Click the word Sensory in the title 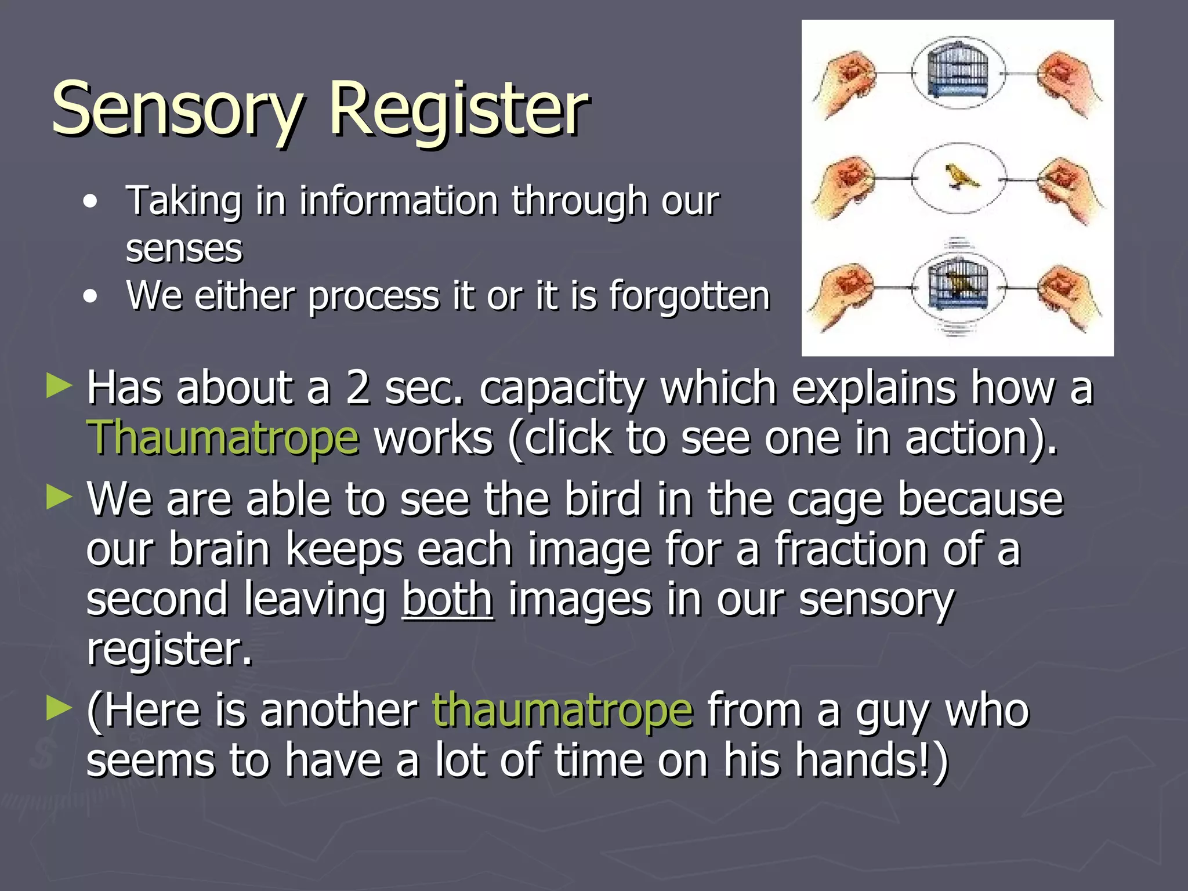click(x=177, y=109)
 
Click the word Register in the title click(x=458, y=109)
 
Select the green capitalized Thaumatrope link click(x=223, y=438)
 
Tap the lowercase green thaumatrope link click(x=562, y=711)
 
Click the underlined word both click(x=447, y=600)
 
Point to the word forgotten click(x=689, y=296)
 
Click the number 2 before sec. click(x=358, y=389)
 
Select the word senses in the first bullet click(x=184, y=249)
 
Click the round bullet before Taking click(x=90, y=202)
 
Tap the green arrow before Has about click(x=59, y=386)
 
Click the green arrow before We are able click(x=59, y=497)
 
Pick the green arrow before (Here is click(x=59, y=708)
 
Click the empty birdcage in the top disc click(x=958, y=73)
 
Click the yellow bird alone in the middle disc click(x=960, y=176)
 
